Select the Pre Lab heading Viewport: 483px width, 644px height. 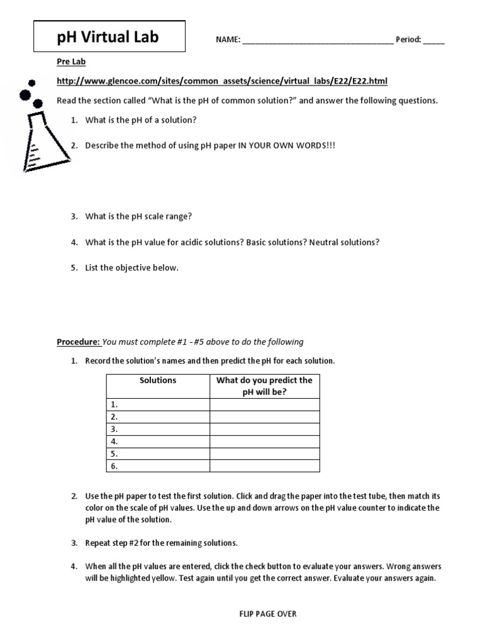(x=71, y=62)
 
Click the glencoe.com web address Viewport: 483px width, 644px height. (x=222, y=81)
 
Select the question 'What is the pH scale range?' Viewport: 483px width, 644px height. (x=138, y=216)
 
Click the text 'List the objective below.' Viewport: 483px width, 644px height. (x=132, y=267)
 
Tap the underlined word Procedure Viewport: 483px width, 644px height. (x=78, y=342)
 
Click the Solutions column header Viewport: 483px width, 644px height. (x=158, y=380)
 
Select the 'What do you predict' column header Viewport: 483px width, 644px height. (x=264, y=386)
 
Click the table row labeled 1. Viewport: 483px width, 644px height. (x=157, y=404)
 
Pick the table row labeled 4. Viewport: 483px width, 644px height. (x=157, y=441)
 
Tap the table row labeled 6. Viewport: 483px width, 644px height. (x=157, y=466)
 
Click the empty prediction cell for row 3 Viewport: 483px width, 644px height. (x=265, y=429)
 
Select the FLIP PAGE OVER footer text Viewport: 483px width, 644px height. (x=264, y=614)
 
